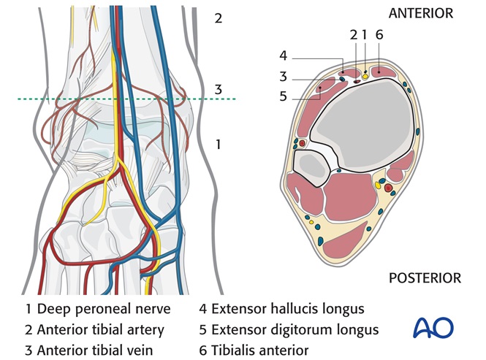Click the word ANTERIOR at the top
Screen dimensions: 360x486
click(x=421, y=13)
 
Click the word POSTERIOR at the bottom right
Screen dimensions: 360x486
click(x=424, y=278)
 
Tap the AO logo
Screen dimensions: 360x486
click(x=433, y=328)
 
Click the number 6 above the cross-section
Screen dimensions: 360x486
click(x=379, y=34)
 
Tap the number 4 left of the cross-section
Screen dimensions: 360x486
click(x=284, y=56)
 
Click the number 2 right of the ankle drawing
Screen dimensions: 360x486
click(x=218, y=18)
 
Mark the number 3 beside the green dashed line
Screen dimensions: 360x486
click(x=218, y=89)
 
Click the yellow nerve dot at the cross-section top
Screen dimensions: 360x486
click(x=365, y=76)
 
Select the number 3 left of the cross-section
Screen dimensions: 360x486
click(x=284, y=75)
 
